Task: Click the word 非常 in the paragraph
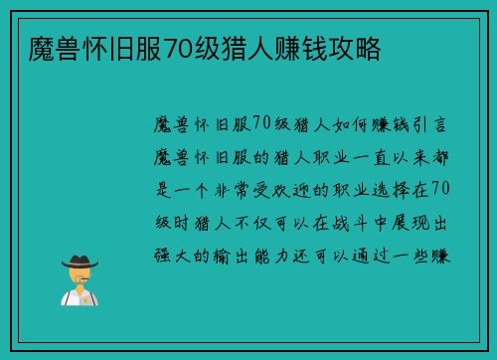pos(234,189)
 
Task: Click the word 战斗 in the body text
pos(355,221)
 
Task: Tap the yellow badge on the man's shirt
pos(86,297)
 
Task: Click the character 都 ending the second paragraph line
pos(443,156)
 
